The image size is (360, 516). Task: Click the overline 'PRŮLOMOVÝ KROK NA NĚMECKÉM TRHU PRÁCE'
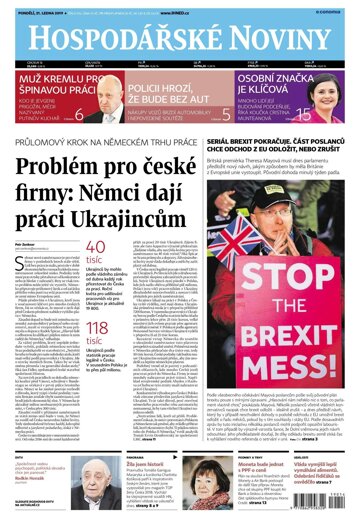click(x=95, y=141)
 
